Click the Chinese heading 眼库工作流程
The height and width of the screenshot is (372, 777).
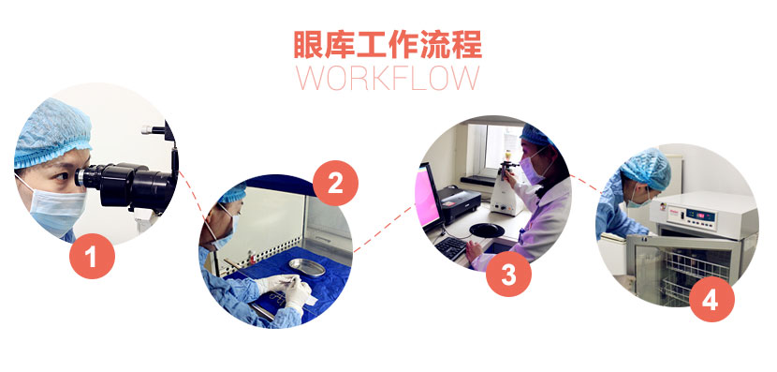click(x=388, y=45)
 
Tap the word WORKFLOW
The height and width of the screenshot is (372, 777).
click(x=388, y=78)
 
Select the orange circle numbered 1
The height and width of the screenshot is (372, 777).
click(x=92, y=256)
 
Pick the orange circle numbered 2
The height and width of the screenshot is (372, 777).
click(x=335, y=183)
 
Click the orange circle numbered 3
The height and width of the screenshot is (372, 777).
click(x=508, y=274)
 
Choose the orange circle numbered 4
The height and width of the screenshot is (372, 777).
click(x=711, y=299)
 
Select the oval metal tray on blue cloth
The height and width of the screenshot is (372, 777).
click(x=307, y=267)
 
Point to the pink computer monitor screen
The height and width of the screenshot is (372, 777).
click(x=427, y=197)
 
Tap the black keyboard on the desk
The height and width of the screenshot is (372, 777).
click(x=452, y=248)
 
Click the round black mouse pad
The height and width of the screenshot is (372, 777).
click(x=486, y=231)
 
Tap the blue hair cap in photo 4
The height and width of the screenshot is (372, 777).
click(x=645, y=169)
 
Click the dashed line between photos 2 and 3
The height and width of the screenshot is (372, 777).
click(x=385, y=229)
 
